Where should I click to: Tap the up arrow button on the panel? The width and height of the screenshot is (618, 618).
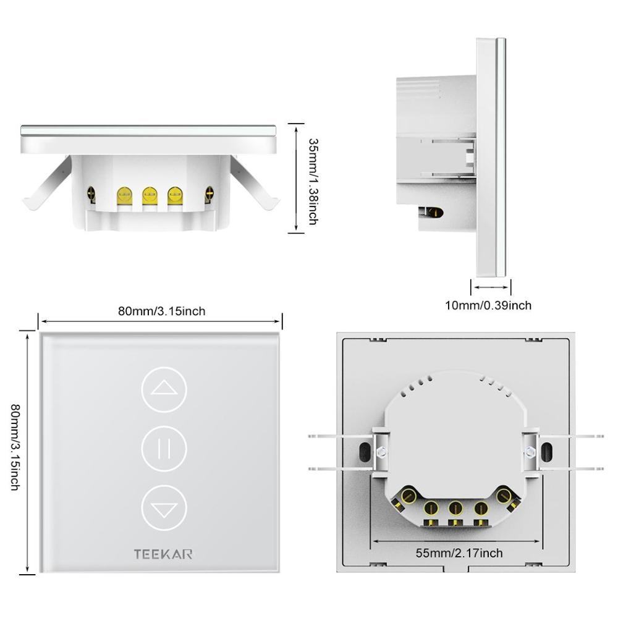[x=164, y=389]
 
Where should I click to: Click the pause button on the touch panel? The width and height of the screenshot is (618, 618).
[x=164, y=449]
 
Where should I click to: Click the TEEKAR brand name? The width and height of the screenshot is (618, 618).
[x=163, y=554]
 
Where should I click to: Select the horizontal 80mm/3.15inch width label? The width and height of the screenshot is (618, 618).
[x=162, y=311]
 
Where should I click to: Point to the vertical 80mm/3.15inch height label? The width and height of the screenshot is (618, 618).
[x=15, y=447]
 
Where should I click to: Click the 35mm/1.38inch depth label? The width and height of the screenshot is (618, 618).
[x=312, y=180]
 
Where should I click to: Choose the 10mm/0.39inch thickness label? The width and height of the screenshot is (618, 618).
[x=488, y=305]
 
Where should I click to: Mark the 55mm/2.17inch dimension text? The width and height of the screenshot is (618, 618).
[x=459, y=553]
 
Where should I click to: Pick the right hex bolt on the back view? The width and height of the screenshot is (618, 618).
[x=529, y=451]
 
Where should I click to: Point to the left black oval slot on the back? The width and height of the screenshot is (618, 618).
[x=364, y=451]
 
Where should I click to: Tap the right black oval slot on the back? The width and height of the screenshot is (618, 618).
[x=546, y=451]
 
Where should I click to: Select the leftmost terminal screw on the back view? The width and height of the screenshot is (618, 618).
[x=408, y=496]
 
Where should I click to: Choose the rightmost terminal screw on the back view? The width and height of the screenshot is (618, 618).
[x=504, y=495]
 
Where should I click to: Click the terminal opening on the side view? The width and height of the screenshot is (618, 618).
[x=433, y=214]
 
